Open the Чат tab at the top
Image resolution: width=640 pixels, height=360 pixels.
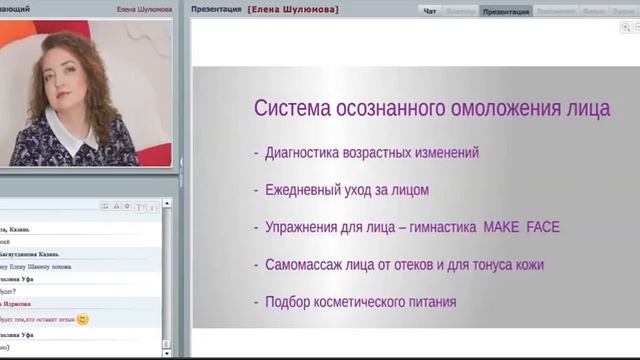pyautogui.click(x=430, y=11)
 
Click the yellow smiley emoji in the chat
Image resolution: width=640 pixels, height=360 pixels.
pyautogui.click(x=82, y=319)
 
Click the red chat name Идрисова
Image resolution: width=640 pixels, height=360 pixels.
pyautogui.click(x=18, y=304)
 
